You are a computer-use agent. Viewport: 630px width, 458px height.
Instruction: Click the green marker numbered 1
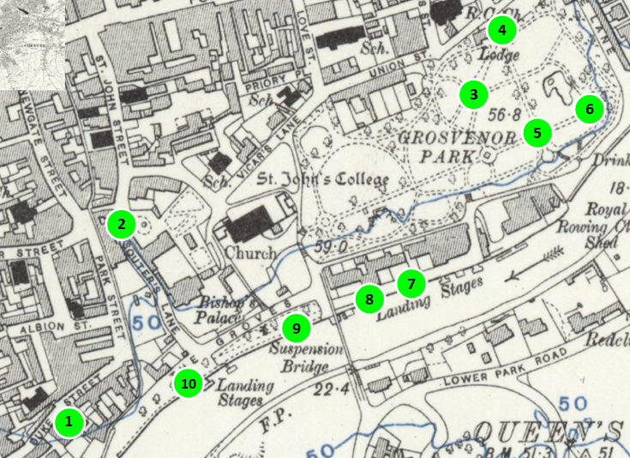click(69, 422)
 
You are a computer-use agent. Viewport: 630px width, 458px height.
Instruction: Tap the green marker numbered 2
click(122, 225)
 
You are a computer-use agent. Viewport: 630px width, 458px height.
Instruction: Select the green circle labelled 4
click(502, 32)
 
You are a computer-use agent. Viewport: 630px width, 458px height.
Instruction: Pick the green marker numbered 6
click(589, 109)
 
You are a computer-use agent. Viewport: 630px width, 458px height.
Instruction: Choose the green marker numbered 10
click(187, 383)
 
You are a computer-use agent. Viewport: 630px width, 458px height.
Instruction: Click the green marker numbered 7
click(411, 283)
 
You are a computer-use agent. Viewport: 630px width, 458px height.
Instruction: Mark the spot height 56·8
click(506, 114)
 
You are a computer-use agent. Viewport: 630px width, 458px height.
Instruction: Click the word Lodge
click(500, 55)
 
